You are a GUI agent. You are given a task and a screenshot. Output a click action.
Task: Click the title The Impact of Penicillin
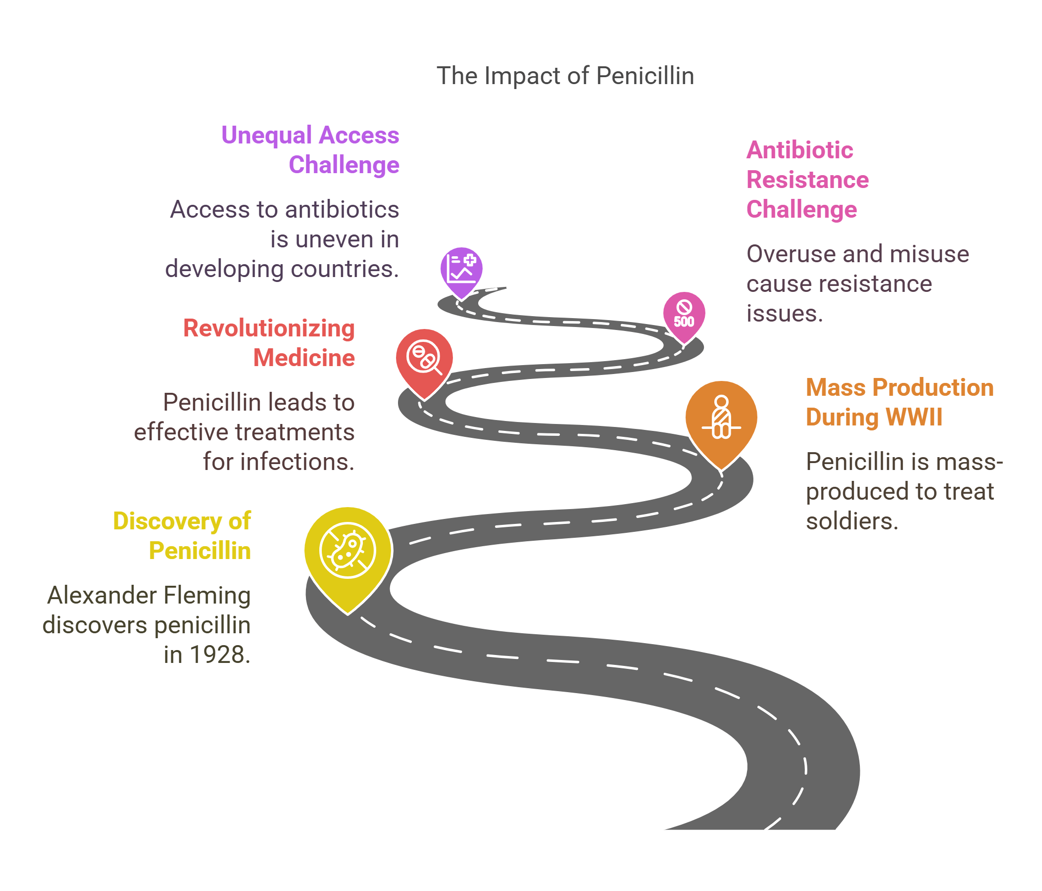565,76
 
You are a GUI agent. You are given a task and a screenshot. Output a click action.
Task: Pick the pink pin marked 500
684,314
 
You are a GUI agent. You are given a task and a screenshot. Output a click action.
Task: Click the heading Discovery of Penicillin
182,536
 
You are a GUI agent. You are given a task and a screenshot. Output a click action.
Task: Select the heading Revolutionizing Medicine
269,343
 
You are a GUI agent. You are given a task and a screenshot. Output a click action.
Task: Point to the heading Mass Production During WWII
899,403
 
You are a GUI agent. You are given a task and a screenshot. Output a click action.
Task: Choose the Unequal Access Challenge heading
310,150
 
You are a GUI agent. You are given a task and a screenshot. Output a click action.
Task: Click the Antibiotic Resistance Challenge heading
807,180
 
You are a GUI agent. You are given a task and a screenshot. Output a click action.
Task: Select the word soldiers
851,521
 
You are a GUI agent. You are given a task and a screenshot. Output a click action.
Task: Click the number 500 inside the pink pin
684,322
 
